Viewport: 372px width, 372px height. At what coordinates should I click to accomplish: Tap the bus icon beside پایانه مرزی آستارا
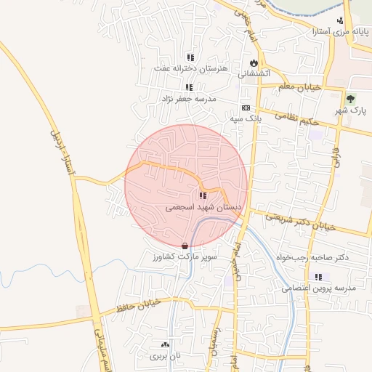[340, 21]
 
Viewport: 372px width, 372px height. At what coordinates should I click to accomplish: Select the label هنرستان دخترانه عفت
[190, 68]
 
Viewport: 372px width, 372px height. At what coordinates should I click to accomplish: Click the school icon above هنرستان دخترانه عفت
[190, 57]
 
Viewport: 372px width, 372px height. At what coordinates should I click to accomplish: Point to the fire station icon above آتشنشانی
[254, 63]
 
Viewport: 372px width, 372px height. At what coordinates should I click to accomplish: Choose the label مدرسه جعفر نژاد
[190, 98]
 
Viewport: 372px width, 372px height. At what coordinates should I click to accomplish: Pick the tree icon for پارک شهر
[351, 99]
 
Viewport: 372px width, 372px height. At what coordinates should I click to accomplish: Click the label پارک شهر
[351, 110]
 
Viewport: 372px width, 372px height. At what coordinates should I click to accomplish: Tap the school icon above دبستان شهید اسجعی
[203, 195]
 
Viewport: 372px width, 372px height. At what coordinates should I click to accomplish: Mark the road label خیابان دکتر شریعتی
[299, 222]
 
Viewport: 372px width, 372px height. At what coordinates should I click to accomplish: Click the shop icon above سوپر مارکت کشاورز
[185, 246]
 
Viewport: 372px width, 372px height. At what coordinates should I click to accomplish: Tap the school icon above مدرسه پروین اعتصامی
[318, 277]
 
